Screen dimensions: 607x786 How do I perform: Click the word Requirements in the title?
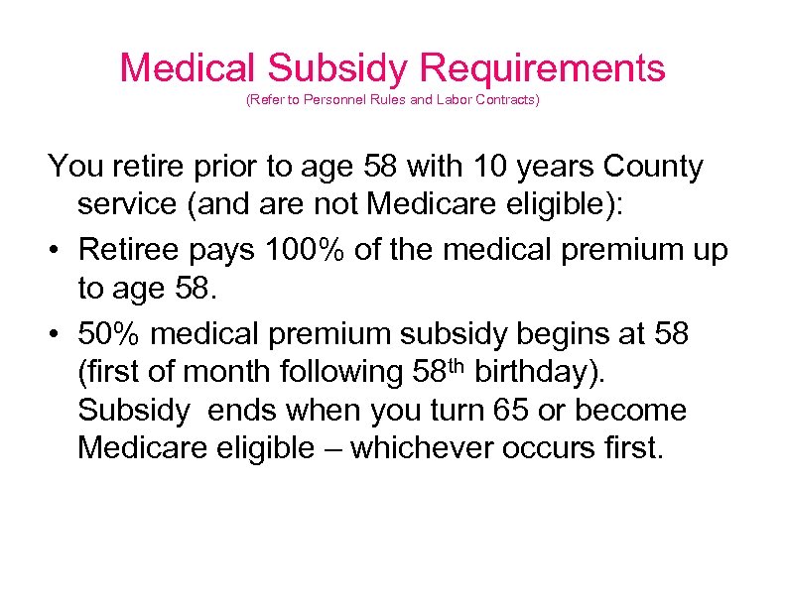(x=542, y=68)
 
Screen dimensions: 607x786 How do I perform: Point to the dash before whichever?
(x=331, y=450)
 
